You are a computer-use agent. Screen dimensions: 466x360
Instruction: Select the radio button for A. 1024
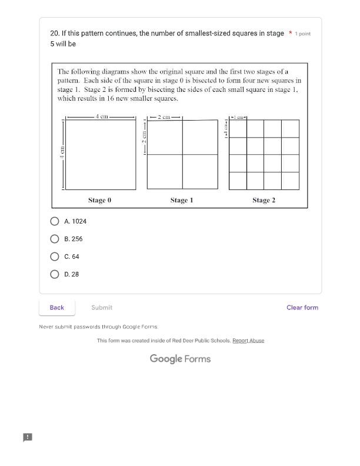point(55,221)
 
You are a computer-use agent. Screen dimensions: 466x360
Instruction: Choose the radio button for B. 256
point(55,239)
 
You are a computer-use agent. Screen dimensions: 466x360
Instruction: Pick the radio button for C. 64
point(55,257)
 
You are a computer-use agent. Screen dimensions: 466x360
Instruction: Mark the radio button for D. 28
point(55,274)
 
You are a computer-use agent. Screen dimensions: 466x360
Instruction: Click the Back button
point(57,307)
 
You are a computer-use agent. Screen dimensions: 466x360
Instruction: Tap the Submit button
point(102,307)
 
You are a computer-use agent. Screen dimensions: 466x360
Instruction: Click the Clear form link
point(302,307)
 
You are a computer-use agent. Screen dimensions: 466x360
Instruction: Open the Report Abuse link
point(248,341)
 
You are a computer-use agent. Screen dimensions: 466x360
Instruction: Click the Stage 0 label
point(99,200)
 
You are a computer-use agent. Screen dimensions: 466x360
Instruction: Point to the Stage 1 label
point(182,200)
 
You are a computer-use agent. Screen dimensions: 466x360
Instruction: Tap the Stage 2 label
point(264,200)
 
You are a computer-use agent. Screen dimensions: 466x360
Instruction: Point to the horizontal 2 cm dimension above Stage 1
point(164,117)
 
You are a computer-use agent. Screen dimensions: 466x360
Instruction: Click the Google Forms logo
point(180,358)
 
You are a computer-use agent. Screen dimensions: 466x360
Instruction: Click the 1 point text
point(303,34)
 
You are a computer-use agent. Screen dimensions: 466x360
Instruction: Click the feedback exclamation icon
point(27,437)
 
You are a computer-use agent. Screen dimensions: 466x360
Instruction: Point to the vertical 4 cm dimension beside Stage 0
point(61,153)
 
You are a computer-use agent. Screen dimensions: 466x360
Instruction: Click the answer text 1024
point(79,221)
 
